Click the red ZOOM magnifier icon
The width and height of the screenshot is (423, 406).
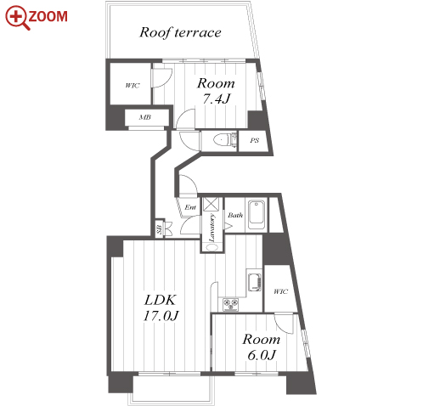point(18,18)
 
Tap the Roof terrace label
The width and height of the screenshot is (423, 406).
point(180,32)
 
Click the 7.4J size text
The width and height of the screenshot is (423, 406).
point(216,99)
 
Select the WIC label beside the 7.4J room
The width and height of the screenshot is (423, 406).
point(133,85)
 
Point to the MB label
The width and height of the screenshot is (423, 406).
point(145,117)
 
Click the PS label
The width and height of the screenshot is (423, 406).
point(254,140)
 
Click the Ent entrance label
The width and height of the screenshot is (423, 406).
point(190,207)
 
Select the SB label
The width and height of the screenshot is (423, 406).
point(160,229)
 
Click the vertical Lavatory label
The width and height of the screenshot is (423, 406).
point(211,228)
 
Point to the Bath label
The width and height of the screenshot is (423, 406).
point(235,215)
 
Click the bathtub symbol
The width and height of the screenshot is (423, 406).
point(257,215)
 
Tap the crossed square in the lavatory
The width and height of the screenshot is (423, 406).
point(211,204)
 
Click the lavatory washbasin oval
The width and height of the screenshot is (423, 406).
point(211,247)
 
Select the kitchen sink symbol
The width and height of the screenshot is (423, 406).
point(254,282)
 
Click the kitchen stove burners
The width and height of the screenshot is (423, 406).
point(230,305)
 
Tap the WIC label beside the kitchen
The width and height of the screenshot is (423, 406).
point(280,291)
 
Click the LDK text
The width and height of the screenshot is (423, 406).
point(161,300)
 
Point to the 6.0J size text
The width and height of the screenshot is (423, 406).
point(262,355)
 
